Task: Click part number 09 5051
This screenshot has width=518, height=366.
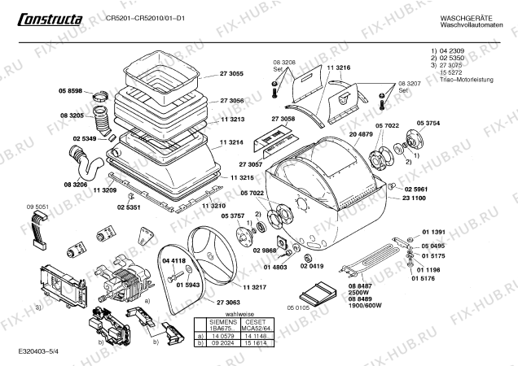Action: (x=37, y=207)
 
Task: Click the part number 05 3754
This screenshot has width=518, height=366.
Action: (x=428, y=123)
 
